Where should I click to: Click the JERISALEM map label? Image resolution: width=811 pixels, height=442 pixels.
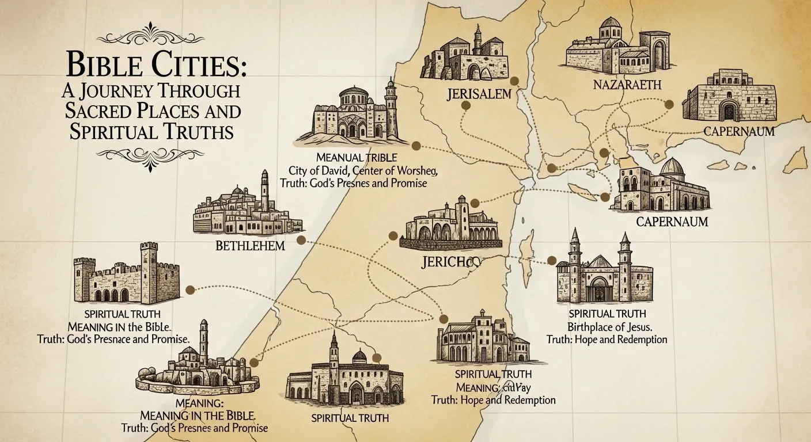coord(479,93)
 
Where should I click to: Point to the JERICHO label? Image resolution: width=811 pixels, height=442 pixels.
coord(450,262)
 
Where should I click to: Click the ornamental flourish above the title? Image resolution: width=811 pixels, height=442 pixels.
coord(151,35)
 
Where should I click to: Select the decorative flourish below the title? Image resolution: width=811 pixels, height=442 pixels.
coord(151,154)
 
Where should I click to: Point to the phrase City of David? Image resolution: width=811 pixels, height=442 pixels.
coord(319,170)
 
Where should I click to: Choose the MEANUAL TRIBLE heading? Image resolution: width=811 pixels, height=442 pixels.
coord(353,157)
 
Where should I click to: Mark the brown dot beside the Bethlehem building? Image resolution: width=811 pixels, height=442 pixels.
coord(300,240)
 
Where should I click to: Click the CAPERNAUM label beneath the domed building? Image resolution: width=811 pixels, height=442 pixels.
coord(664,221)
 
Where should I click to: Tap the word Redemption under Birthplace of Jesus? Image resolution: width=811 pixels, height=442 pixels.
coord(642,340)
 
